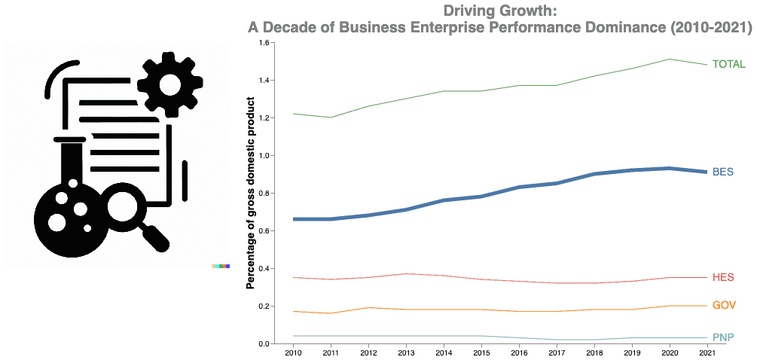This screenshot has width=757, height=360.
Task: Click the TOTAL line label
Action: pos(728,65)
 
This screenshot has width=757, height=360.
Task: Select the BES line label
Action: pos(723,172)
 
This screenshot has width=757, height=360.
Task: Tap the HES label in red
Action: pos(723,277)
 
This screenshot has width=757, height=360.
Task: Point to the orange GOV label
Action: pos(723,305)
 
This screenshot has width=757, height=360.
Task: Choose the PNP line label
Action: pos(723,337)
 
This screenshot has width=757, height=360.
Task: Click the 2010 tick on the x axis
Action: pos(293,352)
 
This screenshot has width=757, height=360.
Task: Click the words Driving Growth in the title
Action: pos(500,11)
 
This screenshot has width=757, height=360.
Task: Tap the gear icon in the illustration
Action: pos(169,84)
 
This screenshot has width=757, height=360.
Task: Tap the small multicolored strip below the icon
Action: pos(221,267)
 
